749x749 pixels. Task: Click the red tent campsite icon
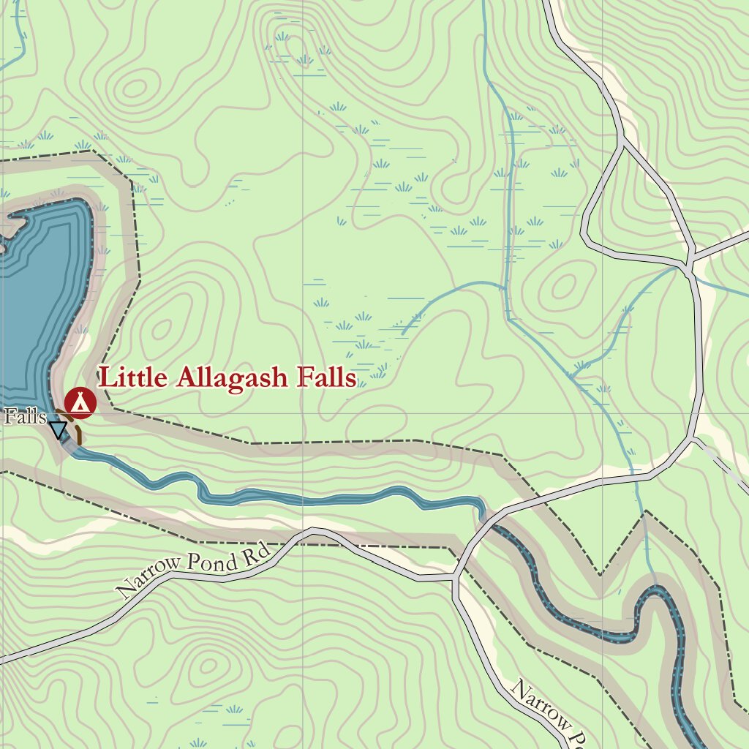coord(80,402)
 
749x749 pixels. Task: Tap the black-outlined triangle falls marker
coord(58,429)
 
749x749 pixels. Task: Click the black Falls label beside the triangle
coord(25,417)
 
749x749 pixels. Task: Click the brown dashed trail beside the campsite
coord(77,434)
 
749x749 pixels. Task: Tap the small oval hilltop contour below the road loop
coord(563,287)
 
